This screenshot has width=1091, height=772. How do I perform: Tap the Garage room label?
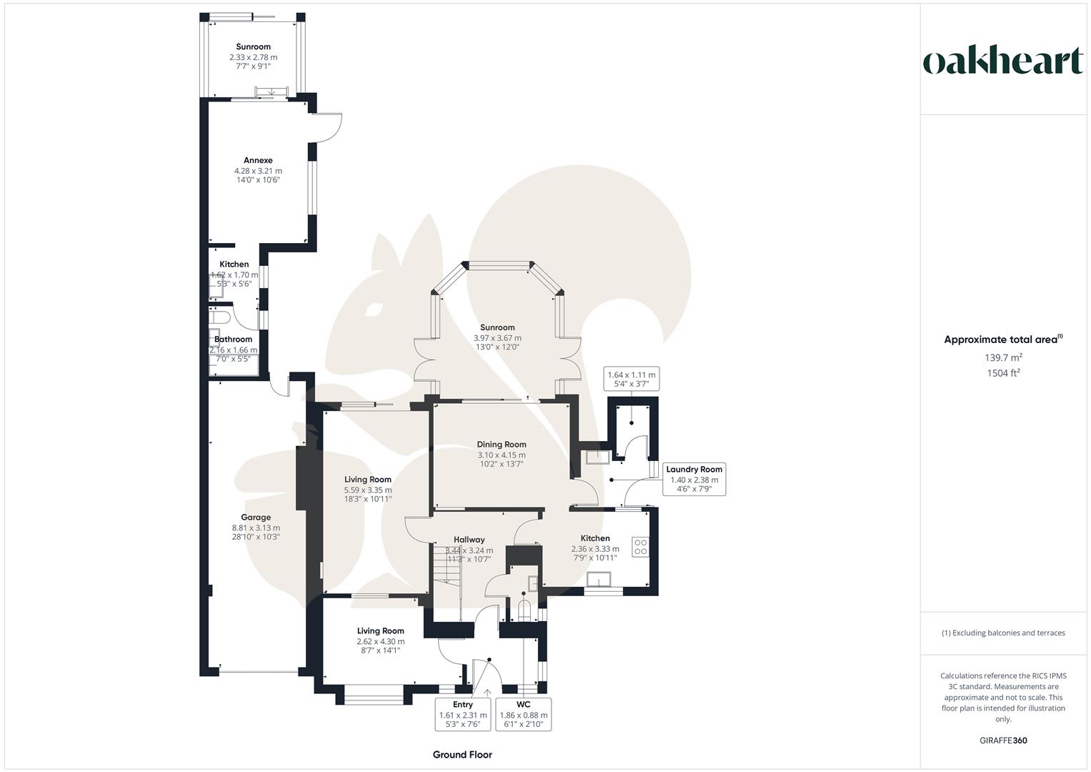click(x=256, y=517)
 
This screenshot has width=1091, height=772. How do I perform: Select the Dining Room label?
click(x=501, y=445)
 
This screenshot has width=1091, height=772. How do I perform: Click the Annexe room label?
click(x=258, y=160)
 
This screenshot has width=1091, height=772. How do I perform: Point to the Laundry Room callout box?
click(x=694, y=479)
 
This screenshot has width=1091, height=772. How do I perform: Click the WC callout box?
click(x=524, y=715)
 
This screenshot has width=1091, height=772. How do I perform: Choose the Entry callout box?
click(x=463, y=715)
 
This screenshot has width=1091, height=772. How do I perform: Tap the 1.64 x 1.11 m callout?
click(x=631, y=379)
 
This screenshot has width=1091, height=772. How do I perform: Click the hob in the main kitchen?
click(x=640, y=547)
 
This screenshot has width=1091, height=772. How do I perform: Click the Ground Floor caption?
click(x=462, y=754)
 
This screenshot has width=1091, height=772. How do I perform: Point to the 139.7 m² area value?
click(x=1003, y=357)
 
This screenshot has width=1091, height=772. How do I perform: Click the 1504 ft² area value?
click(x=1003, y=373)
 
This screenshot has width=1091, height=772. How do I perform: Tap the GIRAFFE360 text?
click(x=1003, y=741)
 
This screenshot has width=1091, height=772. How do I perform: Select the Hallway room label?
click(x=469, y=540)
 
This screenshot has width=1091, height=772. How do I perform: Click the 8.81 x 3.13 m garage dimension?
click(x=256, y=528)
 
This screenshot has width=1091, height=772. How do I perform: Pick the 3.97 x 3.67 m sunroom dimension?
click(x=497, y=337)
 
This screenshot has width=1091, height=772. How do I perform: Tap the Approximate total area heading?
click(x=1003, y=340)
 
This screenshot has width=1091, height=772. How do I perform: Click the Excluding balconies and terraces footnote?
click(x=1003, y=633)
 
